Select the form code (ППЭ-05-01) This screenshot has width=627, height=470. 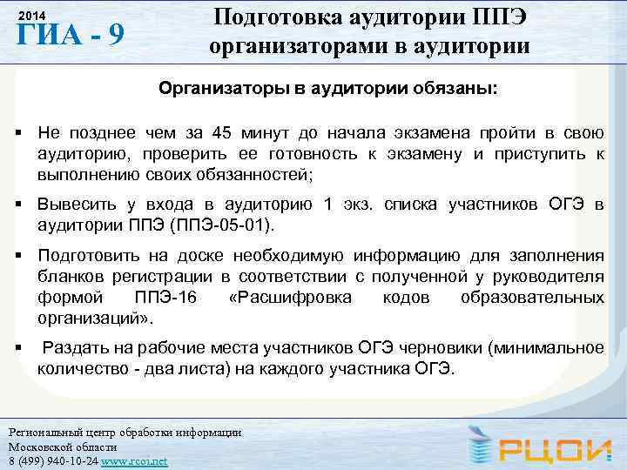(225, 225)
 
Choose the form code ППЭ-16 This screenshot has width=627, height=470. (165, 298)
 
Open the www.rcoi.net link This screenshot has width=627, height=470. (134, 460)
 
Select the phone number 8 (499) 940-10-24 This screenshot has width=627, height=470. (52, 460)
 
